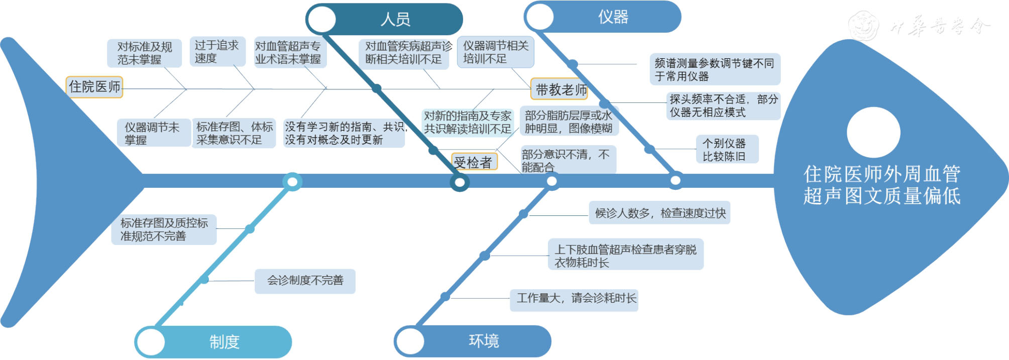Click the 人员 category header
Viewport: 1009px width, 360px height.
click(x=395, y=19)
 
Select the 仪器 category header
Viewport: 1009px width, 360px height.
click(x=612, y=17)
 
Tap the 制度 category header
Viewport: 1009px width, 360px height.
click(x=224, y=342)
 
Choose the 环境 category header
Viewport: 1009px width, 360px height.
click(x=483, y=341)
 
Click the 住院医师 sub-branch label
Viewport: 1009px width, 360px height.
click(x=94, y=87)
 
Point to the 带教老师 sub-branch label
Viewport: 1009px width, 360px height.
click(x=560, y=90)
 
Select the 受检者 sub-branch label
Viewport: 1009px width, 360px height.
click(x=473, y=162)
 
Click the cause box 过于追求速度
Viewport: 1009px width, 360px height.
click(x=217, y=52)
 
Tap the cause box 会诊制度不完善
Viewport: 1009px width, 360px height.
click(x=305, y=281)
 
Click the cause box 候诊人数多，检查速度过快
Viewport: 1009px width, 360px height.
click(x=660, y=213)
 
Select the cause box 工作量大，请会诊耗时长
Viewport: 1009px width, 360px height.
click(x=576, y=298)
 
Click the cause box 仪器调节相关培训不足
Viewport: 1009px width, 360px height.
click(x=495, y=52)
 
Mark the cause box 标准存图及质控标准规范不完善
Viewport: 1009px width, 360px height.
click(x=164, y=229)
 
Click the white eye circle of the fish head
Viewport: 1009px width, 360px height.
click(x=873, y=132)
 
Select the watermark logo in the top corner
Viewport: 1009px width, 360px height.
click(x=864, y=25)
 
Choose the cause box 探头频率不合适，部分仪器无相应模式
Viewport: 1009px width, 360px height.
click(x=723, y=106)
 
